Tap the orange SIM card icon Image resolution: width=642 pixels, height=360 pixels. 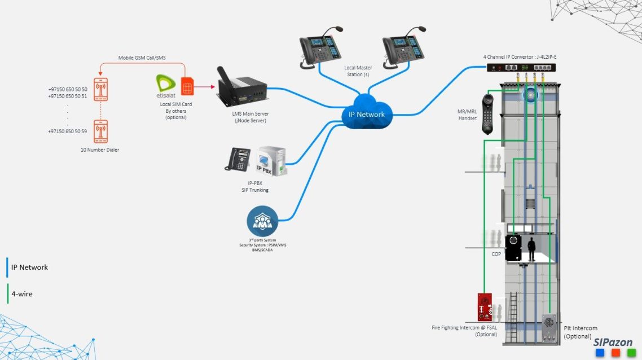tap(187, 86)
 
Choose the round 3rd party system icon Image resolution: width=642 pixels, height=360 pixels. tap(262, 221)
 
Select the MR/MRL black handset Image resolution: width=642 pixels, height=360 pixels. tap(488, 113)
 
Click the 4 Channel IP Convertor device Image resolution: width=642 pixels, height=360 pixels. tap(525, 67)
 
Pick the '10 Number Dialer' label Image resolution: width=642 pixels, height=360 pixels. tap(100, 150)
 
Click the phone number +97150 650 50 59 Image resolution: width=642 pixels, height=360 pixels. tap(68, 131)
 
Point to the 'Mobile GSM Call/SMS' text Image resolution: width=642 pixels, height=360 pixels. tap(142, 58)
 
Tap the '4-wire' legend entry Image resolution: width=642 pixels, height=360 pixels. tap(21, 294)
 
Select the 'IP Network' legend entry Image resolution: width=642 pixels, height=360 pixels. tap(29, 267)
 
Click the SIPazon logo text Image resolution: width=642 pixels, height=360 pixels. tap(613, 343)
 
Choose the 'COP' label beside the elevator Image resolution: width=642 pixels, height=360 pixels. tap(496, 254)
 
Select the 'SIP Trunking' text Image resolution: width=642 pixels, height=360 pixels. tap(251, 190)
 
